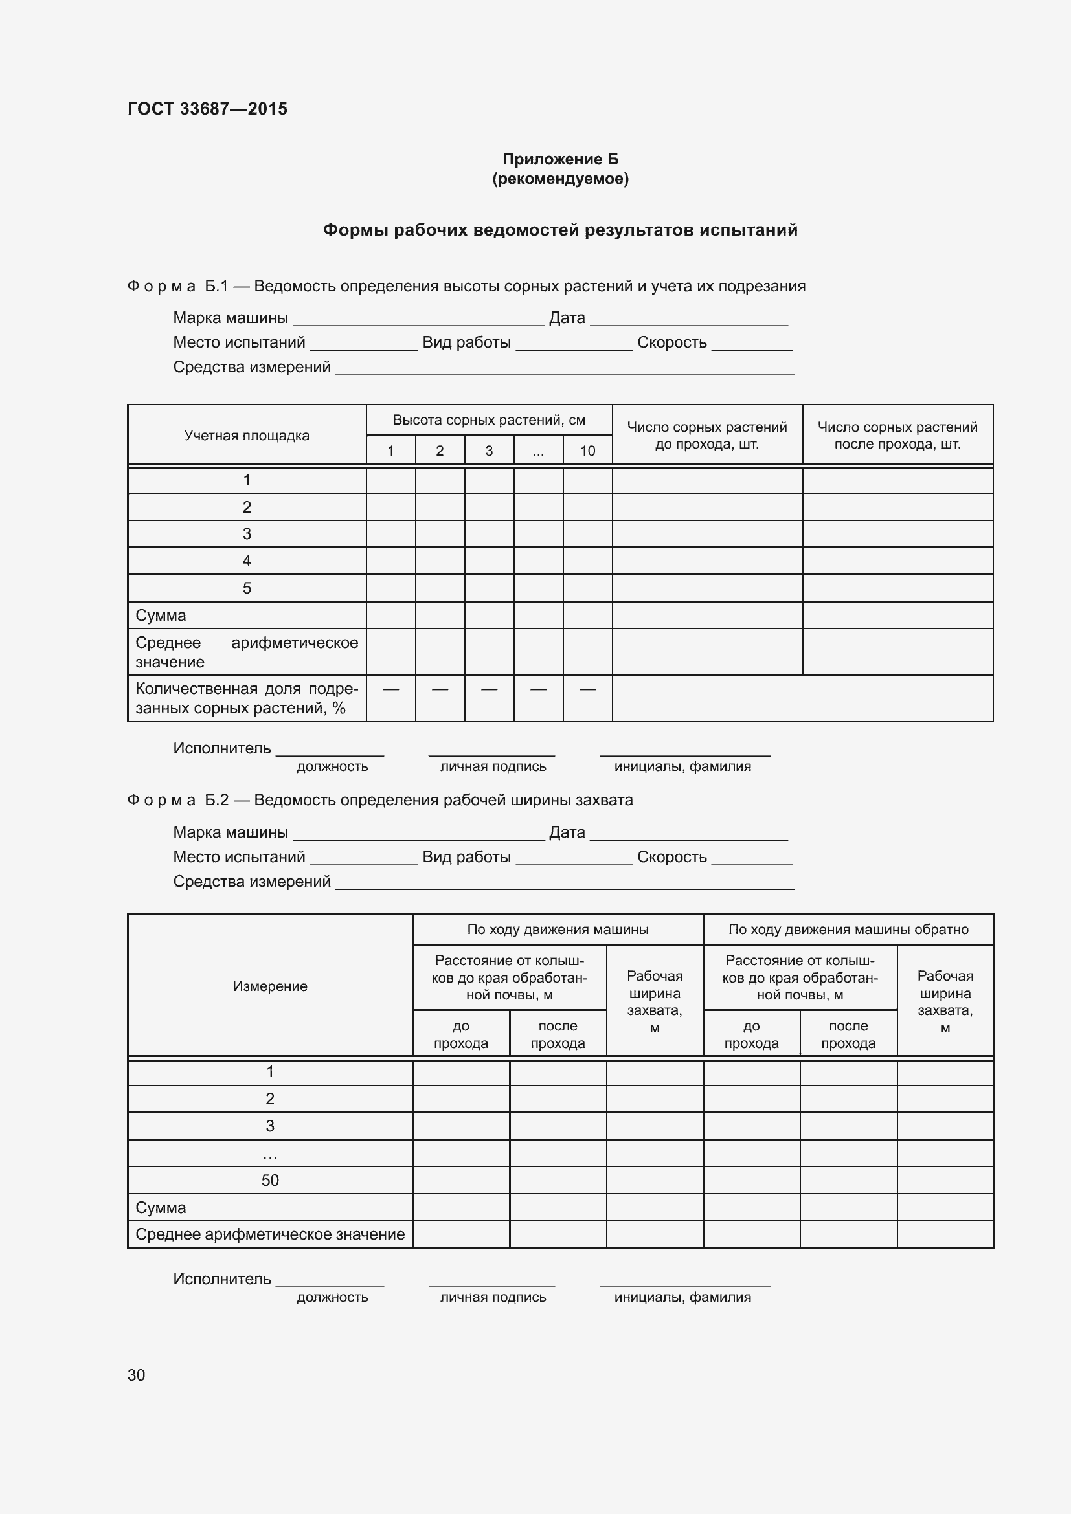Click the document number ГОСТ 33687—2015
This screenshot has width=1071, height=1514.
(207, 109)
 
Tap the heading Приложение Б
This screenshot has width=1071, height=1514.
(560, 159)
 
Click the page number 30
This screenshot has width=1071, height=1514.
(136, 1375)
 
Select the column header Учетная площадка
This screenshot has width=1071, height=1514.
(247, 435)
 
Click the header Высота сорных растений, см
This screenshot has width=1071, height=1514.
(489, 420)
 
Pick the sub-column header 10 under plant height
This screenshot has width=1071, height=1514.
(587, 451)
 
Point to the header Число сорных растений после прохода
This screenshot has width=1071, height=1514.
(897, 435)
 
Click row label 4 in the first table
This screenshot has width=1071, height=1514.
(247, 561)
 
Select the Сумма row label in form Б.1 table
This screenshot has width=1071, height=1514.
(161, 615)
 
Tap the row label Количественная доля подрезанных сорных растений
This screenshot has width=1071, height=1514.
(247, 698)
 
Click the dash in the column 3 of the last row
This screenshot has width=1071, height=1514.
(489, 689)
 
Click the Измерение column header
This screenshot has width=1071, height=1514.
(270, 986)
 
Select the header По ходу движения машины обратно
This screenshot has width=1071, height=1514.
(848, 929)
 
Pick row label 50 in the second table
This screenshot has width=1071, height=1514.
(270, 1181)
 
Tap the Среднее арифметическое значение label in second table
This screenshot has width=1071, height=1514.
(270, 1234)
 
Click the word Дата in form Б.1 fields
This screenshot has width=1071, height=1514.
(567, 318)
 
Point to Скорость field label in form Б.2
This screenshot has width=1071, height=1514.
(671, 856)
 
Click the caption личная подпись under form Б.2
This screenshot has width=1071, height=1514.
(493, 1297)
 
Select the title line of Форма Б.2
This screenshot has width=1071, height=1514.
(380, 800)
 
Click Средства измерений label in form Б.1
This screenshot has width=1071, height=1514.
(252, 367)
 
